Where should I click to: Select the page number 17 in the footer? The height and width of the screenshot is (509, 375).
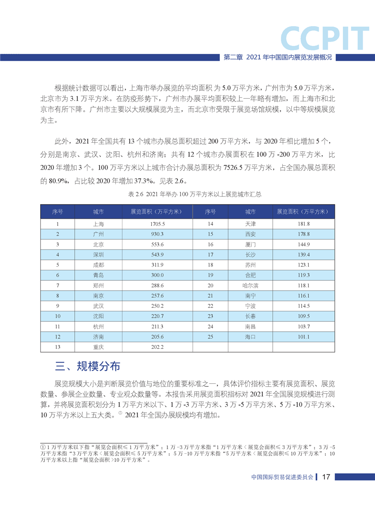point(326,477)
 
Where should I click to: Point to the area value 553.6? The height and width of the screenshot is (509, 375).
point(157,245)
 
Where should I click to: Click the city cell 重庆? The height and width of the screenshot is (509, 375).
point(99,347)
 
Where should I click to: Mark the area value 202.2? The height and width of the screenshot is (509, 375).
point(157,347)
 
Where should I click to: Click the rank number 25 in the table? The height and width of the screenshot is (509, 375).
point(211,336)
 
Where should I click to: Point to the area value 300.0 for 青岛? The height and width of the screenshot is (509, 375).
point(157,275)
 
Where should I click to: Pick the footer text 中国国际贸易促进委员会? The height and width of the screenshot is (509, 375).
point(283,477)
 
